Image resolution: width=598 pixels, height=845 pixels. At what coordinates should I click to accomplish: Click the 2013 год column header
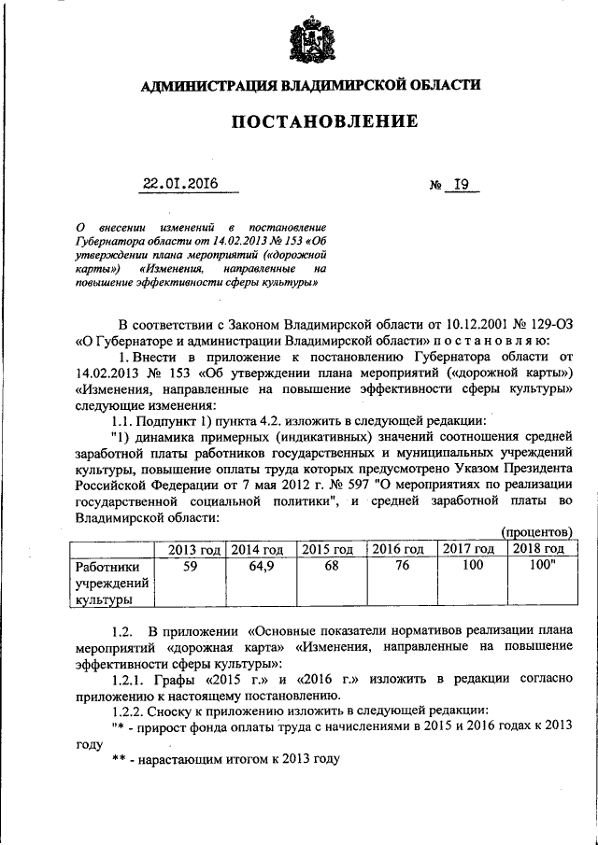[x=193, y=549]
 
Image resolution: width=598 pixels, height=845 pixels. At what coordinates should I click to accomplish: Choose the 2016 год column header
[x=399, y=549]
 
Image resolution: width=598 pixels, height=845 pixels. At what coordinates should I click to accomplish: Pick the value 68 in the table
[x=330, y=566]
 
